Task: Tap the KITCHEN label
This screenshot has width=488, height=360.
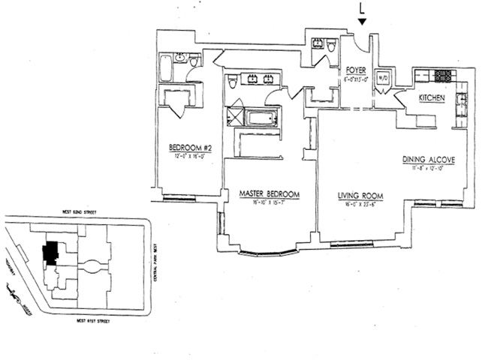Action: (x=431, y=98)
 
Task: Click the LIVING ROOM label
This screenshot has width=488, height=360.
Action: (x=360, y=196)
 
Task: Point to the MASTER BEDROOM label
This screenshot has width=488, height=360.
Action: (x=269, y=194)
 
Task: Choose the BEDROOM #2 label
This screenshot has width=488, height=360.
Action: (x=190, y=148)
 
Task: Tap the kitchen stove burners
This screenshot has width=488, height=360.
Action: (x=443, y=75)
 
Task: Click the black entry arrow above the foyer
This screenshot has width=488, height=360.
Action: (x=363, y=22)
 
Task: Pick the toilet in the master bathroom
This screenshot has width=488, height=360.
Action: (x=233, y=82)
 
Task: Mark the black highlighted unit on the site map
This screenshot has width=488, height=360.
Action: (x=51, y=252)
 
